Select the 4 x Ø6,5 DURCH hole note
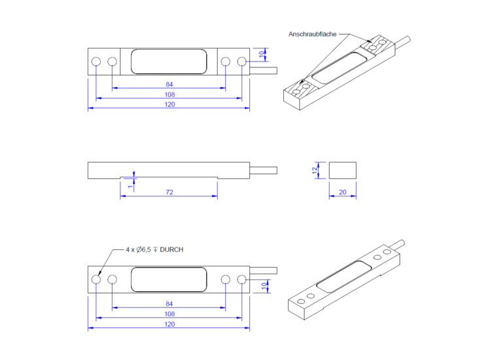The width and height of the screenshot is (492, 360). click(x=154, y=250)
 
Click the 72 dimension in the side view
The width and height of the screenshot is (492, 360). click(x=169, y=192)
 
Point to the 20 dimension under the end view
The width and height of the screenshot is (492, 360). click(x=342, y=192)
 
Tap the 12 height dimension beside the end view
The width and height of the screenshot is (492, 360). click(x=315, y=170)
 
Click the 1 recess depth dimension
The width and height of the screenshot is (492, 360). click(x=130, y=186)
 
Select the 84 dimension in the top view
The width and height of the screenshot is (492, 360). click(x=169, y=84)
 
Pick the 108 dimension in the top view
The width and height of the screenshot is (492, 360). click(x=169, y=95)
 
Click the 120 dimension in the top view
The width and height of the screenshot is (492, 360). click(x=169, y=105)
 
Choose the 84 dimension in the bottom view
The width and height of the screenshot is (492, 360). click(x=169, y=304)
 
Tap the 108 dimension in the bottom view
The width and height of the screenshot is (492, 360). click(x=169, y=314)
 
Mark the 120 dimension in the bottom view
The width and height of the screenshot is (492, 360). click(x=169, y=325)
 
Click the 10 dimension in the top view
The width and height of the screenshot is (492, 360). click(x=262, y=54)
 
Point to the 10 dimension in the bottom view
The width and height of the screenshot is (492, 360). click(x=264, y=286)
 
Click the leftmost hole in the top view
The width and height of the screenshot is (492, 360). click(x=96, y=62)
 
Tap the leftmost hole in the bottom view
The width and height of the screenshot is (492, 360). click(x=96, y=279)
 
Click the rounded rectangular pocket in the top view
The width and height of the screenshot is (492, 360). click(x=169, y=62)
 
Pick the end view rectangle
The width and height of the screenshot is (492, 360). click(x=342, y=170)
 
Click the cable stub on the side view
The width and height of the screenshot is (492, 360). click(x=263, y=170)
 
